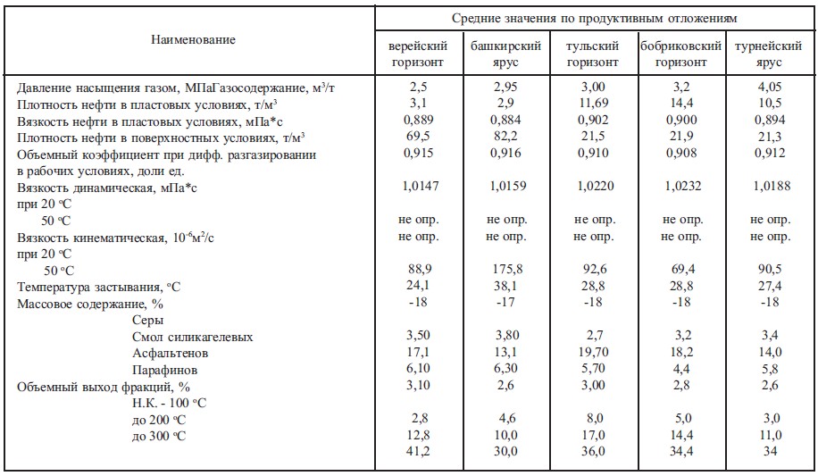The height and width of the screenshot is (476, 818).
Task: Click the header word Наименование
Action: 193,40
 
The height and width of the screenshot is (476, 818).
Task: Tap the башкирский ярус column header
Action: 505,54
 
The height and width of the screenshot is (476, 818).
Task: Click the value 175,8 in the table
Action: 505,270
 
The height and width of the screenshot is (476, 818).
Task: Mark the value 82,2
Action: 505,137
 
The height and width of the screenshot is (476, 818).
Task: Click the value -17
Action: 505,303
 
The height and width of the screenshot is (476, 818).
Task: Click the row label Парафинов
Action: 160,369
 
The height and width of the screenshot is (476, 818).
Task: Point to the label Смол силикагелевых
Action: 192,337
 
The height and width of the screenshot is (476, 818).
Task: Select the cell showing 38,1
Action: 505,287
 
